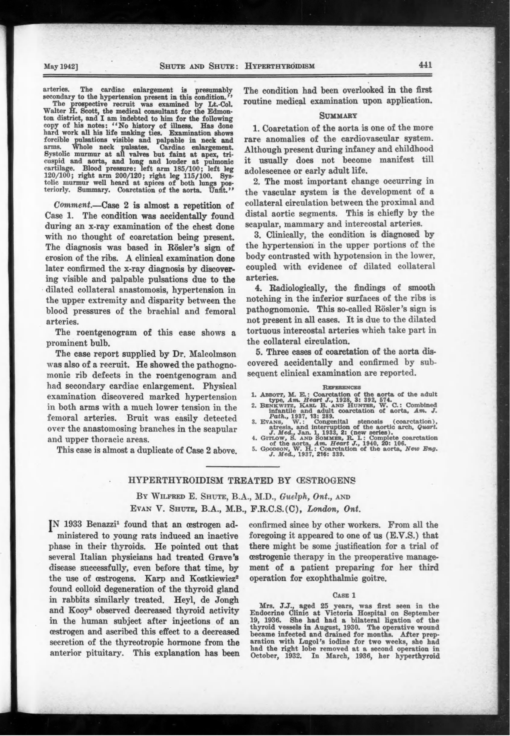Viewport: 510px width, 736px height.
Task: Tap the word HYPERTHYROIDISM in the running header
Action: [280, 66]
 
